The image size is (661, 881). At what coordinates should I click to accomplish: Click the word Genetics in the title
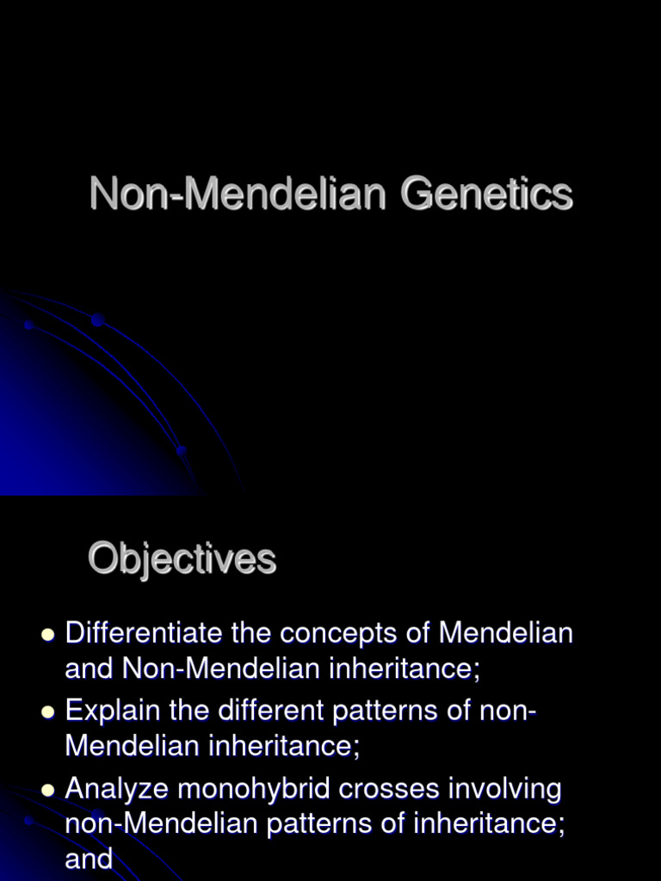coord(486,194)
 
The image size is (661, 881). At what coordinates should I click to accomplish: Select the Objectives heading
coord(182,560)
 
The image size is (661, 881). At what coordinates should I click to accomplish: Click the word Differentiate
coord(144,634)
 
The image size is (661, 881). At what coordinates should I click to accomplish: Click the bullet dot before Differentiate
coord(48,635)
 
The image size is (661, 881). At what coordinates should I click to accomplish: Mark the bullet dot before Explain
coord(48,712)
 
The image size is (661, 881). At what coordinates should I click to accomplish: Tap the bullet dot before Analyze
coord(48,790)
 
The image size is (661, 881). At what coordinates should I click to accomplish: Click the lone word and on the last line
coord(89,858)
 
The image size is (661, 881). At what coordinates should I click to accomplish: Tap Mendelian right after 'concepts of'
coord(505,634)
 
